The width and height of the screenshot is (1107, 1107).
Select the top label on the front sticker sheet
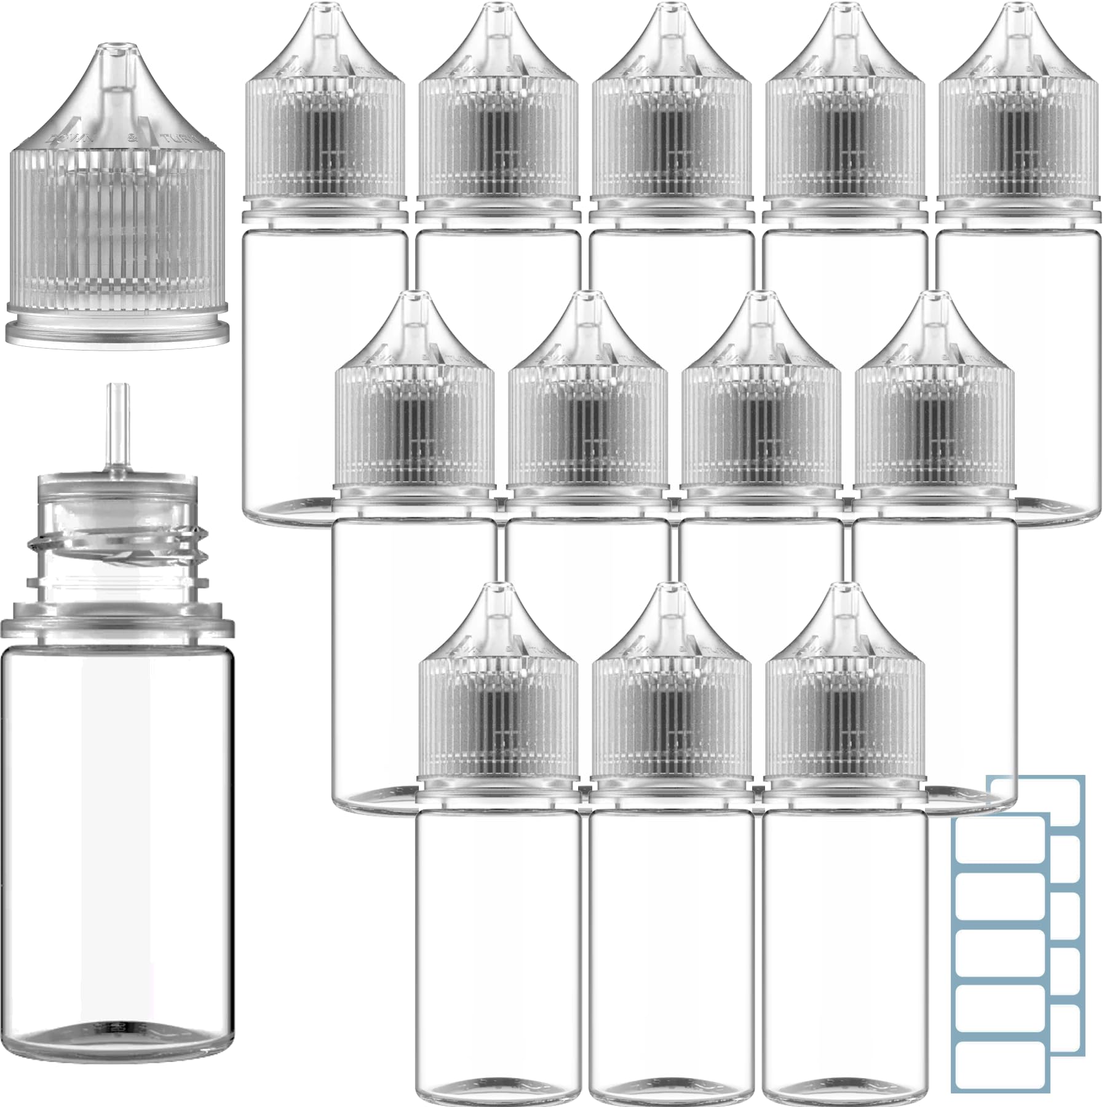[x=1001, y=846]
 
